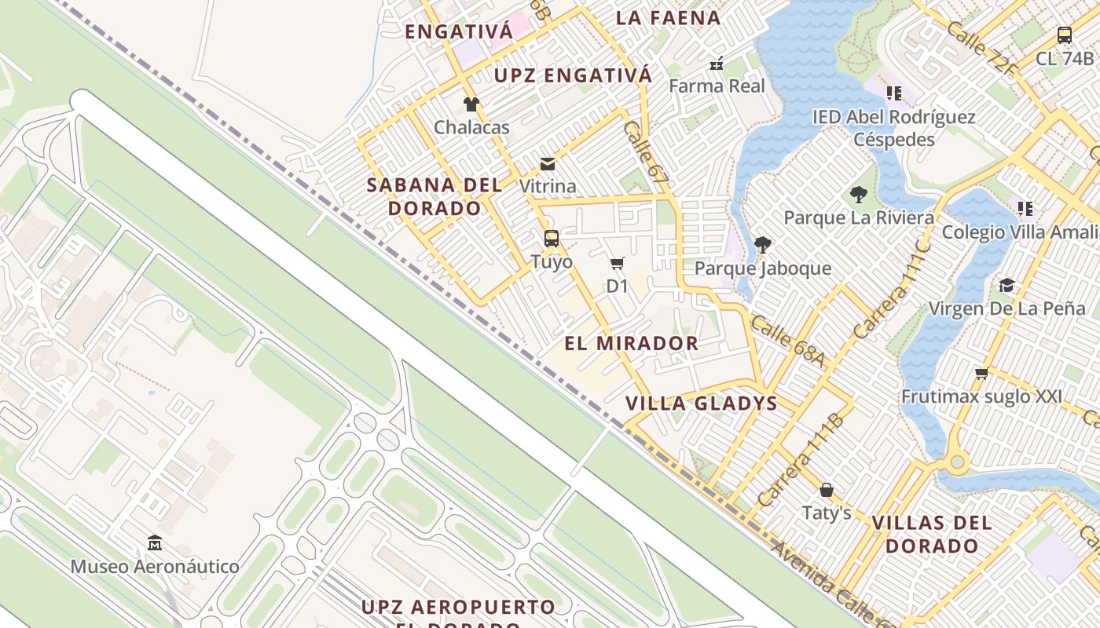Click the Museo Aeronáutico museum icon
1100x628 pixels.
pos(155,542)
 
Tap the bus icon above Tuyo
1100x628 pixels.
pos(552,238)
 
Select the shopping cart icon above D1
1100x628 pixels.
pos(618,263)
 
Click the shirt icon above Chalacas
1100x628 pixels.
pos(471,104)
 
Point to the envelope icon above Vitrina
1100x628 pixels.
pos(548,163)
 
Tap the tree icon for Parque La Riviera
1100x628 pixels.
pos(859,194)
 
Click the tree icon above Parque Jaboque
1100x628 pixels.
pos(762,245)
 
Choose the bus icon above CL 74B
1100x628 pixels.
pos(1065,35)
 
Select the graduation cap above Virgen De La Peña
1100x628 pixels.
pos(1006,284)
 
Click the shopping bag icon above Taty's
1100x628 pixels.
pos(827,490)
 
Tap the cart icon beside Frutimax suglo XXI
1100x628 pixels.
pos(981,373)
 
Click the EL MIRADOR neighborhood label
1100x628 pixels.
pos(632,343)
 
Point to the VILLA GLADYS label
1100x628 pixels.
pos(701,403)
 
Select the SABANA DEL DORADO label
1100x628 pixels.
pos(434,196)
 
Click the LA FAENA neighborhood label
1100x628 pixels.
pos(668,17)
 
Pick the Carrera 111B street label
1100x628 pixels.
pos(801,459)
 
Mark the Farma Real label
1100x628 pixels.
pos(717,86)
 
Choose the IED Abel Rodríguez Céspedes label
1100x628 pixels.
pos(894,128)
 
